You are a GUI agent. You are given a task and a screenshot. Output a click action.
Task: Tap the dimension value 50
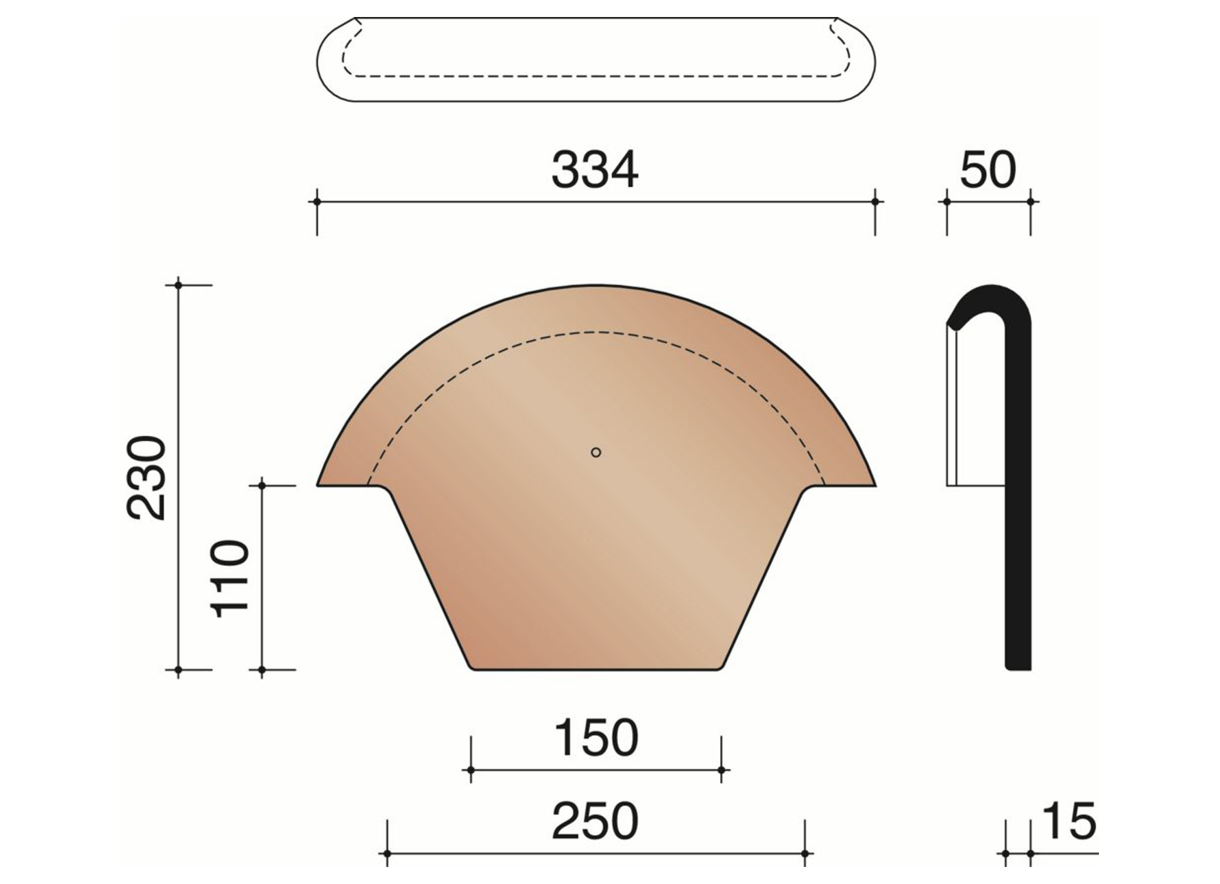pyautogui.click(x=987, y=170)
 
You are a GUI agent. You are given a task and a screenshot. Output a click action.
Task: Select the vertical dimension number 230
pyautogui.click(x=147, y=478)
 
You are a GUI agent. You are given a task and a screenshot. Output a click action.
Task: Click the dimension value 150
pyautogui.click(x=596, y=738)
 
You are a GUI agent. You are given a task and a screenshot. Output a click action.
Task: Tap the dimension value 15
pyautogui.click(x=1068, y=821)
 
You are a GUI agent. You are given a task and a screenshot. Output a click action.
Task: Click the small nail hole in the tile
pyautogui.click(x=596, y=452)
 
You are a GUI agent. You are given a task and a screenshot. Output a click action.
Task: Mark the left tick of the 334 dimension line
pyautogui.click(x=316, y=201)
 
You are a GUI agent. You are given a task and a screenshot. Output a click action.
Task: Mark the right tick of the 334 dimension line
pyautogui.click(x=875, y=201)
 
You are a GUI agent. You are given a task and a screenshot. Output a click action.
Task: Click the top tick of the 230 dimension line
pyautogui.click(x=178, y=285)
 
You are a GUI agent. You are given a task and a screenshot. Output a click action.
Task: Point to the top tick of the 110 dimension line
pyautogui.click(x=262, y=486)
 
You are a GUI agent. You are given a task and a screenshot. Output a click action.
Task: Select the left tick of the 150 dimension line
pyautogui.click(x=470, y=770)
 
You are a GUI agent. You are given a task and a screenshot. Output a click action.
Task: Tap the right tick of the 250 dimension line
pyautogui.click(x=804, y=853)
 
